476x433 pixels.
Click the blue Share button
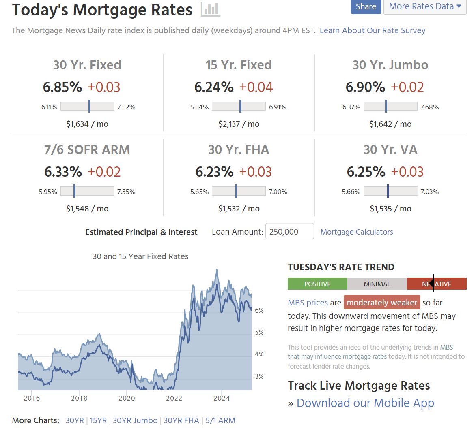[x=366, y=6]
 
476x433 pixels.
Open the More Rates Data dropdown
[x=424, y=6]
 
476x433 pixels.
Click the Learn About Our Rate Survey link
[x=372, y=30]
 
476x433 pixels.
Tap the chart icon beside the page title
[x=210, y=9]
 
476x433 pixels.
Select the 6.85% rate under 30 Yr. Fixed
[x=62, y=87]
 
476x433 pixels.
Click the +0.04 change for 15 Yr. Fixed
[x=256, y=87]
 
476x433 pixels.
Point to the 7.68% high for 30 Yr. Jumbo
[x=429, y=107]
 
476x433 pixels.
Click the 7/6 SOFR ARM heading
[x=87, y=149]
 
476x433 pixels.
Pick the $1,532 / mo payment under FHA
[x=239, y=209]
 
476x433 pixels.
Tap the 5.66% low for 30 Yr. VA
[x=351, y=192]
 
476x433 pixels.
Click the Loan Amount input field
[x=289, y=232]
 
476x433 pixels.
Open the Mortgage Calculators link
[x=357, y=232]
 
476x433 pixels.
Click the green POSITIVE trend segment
[x=317, y=284]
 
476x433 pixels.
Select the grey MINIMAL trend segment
[x=377, y=284]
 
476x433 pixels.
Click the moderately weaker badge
[x=382, y=303]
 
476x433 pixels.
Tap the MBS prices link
[x=308, y=303]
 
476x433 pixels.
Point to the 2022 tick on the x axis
[x=174, y=398]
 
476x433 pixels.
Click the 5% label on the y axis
[x=259, y=332]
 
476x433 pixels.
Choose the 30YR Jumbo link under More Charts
[x=135, y=420]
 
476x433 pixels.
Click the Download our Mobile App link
[x=365, y=403]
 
